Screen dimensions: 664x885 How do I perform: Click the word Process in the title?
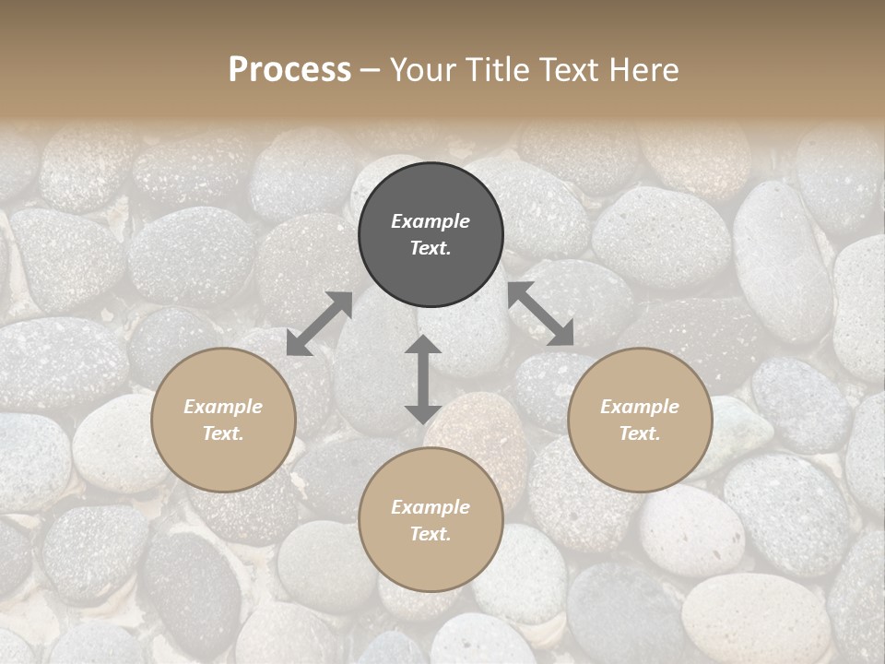tap(289, 70)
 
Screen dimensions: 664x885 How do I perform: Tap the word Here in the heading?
tap(643, 70)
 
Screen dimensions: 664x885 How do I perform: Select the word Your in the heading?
tap(420, 70)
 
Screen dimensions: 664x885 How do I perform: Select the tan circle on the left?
tap(223, 420)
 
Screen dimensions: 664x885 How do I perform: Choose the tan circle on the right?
tap(640, 420)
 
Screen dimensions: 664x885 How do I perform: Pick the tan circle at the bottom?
tap(431, 520)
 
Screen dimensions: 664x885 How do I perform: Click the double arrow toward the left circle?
tap(319, 324)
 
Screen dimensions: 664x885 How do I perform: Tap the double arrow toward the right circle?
tap(541, 314)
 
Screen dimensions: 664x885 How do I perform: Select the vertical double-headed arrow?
tap(422, 379)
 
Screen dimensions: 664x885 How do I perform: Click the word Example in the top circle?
tap(431, 221)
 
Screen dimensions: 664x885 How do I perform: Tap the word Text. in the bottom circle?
tap(431, 534)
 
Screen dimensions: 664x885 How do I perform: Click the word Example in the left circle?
tap(223, 407)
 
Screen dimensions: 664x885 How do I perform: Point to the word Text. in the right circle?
tap(640, 433)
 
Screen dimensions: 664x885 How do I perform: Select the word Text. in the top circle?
tap(431, 248)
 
